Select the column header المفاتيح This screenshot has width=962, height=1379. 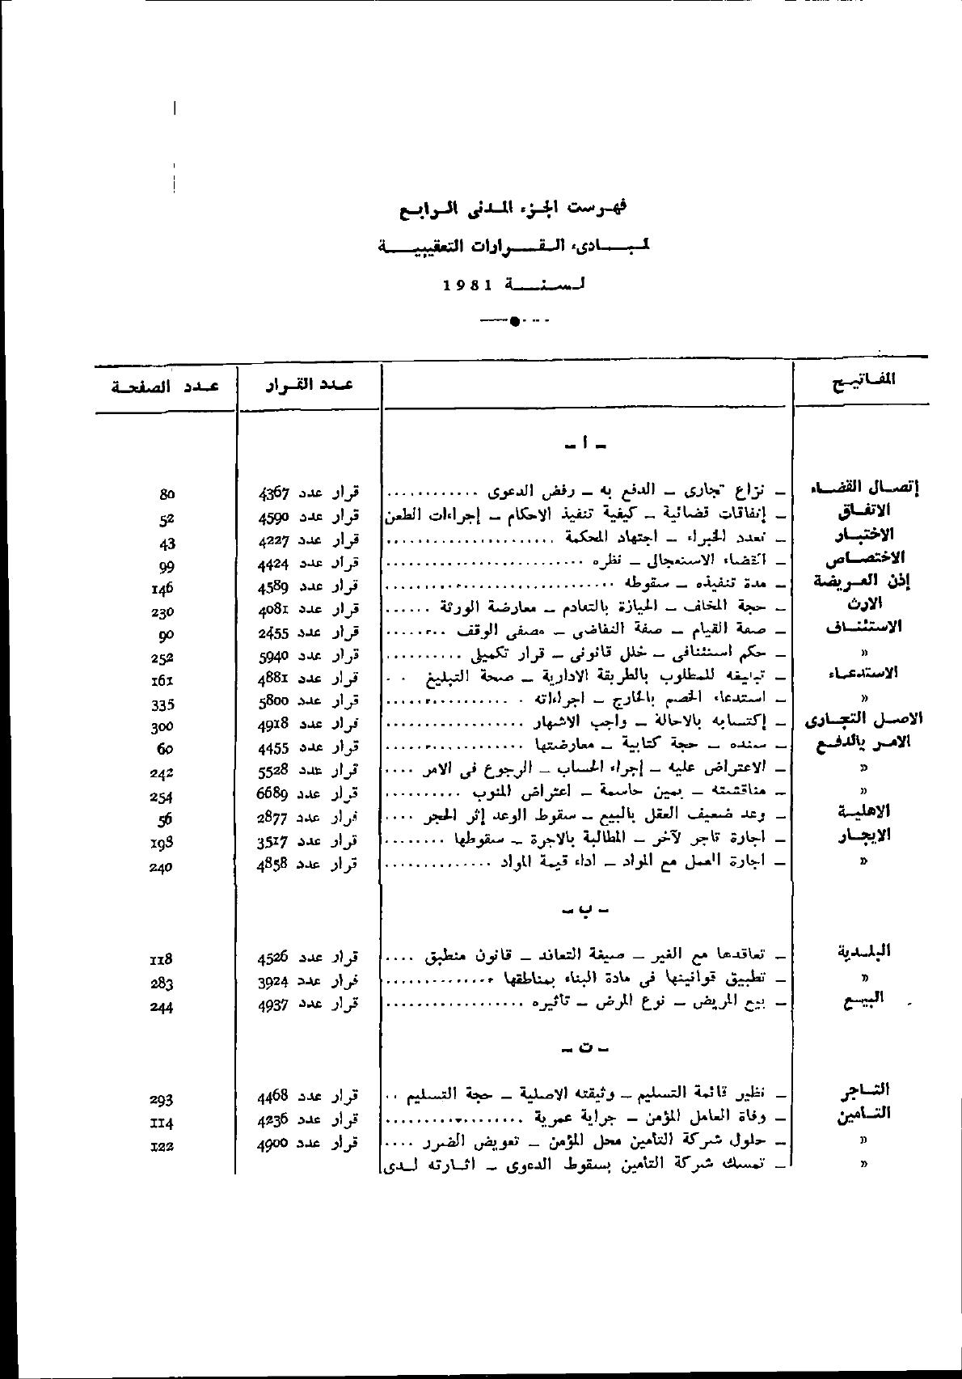pyautogui.click(x=862, y=380)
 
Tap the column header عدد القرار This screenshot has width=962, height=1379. pyautogui.click(x=309, y=384)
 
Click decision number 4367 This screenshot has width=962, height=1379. pyautogui.click(x=274, y=492)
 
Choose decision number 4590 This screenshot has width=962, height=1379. pyautogui.click(x=274, y=515)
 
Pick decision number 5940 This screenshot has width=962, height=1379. pyautogui.click(x=274, y=654)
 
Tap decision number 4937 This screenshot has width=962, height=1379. pyautogui.click(x=274, y=1004)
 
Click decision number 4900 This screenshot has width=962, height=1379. pyautogui.click(x=274, y=1144)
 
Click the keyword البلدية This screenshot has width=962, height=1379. pyautogui.click(x=863, y=951)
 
